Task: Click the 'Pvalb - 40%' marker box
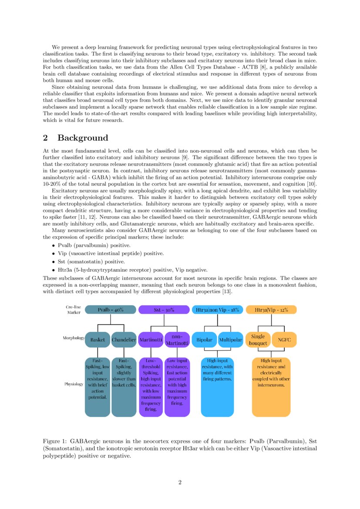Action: [x=111, y=310]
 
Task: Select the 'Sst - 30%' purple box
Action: [x=164, y=310]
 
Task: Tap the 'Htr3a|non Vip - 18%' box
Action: [x=217, y=310]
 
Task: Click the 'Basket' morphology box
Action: [x=98, y=340]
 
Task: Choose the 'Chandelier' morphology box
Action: [x=124, y=340]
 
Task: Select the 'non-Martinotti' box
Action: [x=177, y=340]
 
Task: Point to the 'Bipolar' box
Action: [x=204, y=340]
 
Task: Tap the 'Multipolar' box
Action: [x=230, y=340]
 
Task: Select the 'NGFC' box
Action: [x=284, y=340]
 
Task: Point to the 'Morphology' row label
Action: [x=73, y=338]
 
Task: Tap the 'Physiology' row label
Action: [x=74, y=384]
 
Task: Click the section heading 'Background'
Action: [x=83, y=138]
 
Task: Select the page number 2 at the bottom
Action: [x=180, y=482]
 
